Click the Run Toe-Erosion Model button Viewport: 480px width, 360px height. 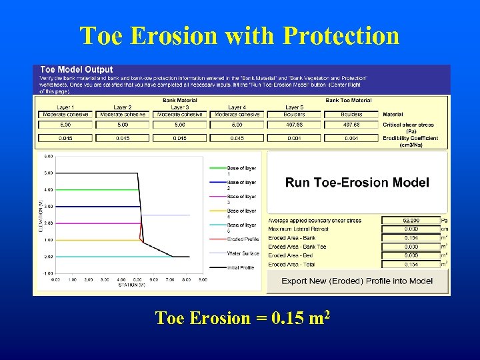(357, 183)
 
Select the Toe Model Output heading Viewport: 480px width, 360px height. (77, 69)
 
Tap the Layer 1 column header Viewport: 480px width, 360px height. (65, 107)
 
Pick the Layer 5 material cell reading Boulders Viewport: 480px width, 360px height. (294, 115)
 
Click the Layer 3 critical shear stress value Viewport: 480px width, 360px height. (180, 125)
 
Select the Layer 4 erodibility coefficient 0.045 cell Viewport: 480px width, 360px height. (237, 138)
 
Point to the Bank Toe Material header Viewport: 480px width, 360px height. (349, 101)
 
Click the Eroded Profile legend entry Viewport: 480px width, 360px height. (243, 239)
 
